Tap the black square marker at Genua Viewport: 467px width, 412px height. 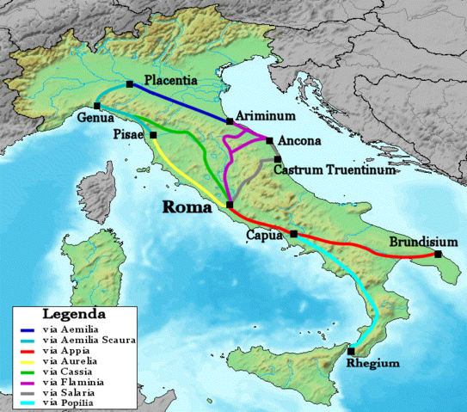[97, 106]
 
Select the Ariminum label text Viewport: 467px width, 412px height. [265, 114]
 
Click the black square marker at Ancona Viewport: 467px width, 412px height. [270, 141]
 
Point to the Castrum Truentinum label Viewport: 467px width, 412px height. [335, 170]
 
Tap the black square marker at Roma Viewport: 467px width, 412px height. [229, 204]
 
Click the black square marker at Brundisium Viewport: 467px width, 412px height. [438, 255]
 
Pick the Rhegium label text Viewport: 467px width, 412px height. [372, 363]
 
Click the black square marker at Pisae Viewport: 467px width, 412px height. [153, 135]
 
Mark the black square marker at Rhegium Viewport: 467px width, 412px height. [352, 350]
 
